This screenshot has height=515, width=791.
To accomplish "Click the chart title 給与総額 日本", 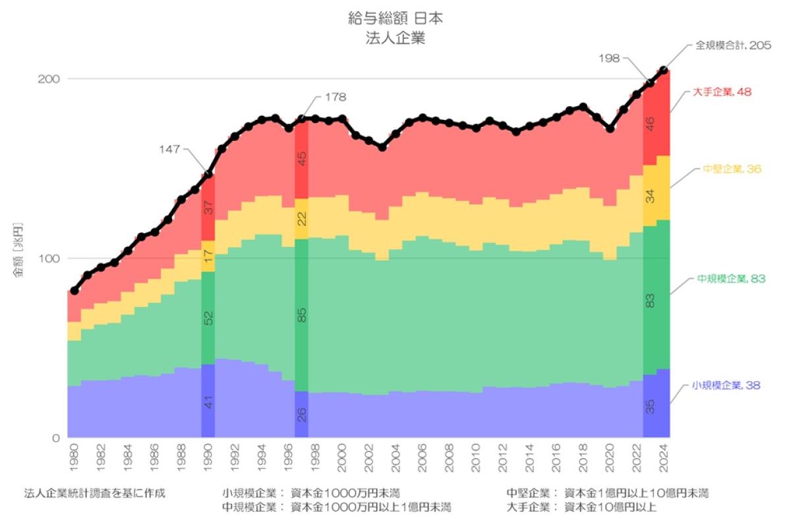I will pos(395,18).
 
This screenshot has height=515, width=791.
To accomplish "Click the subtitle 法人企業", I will pos(395,38).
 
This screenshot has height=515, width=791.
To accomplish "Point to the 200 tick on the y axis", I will pos(51,78).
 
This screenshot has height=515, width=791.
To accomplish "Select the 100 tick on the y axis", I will pos(51,258).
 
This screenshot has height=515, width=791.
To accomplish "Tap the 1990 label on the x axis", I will pos(208,455).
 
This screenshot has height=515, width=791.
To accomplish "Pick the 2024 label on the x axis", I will pos(663,455).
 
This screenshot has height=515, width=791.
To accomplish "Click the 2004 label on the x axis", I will pos(395,455).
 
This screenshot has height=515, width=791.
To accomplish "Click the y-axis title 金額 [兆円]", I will pos(19,259).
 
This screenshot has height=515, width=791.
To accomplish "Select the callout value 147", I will pos(170,149).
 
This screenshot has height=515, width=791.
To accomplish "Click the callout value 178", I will pos(336,97).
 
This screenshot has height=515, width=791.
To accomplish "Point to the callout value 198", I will pos(610,58).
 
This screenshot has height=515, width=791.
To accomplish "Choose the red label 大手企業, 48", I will pos(722,92).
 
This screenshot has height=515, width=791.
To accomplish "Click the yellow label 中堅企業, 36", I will pos(732,169).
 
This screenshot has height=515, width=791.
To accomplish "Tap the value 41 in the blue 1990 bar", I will pos(208,402).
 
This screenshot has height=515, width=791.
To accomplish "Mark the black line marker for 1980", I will pos(74,290).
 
